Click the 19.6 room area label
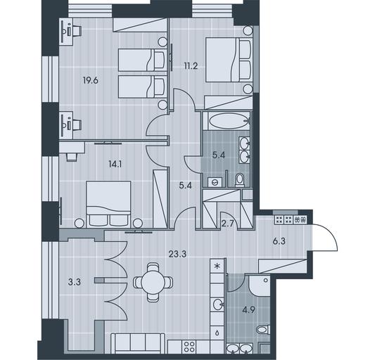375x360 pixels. click(x=91, y=81)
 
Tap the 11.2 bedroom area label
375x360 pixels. click(x=191, y=65)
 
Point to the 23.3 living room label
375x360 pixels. click(x=177, y=254)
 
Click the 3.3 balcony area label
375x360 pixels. click(x=75, y=283)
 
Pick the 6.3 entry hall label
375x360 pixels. click(x=279, y=241)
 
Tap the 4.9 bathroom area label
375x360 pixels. click(x=249, y=310)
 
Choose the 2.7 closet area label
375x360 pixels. click(x=227, y=224)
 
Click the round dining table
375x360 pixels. click(x=153, y=283)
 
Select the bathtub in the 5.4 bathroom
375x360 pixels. click(x=226, y=121)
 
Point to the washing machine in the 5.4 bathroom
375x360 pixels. click(x=215, y=182)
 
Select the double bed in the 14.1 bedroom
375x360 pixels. click(x=109, y=205)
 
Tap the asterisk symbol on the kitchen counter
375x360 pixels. click(x=217, y=266)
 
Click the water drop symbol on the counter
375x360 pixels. click(x=217, y=333)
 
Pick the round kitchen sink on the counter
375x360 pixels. click(x=218, y=304)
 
